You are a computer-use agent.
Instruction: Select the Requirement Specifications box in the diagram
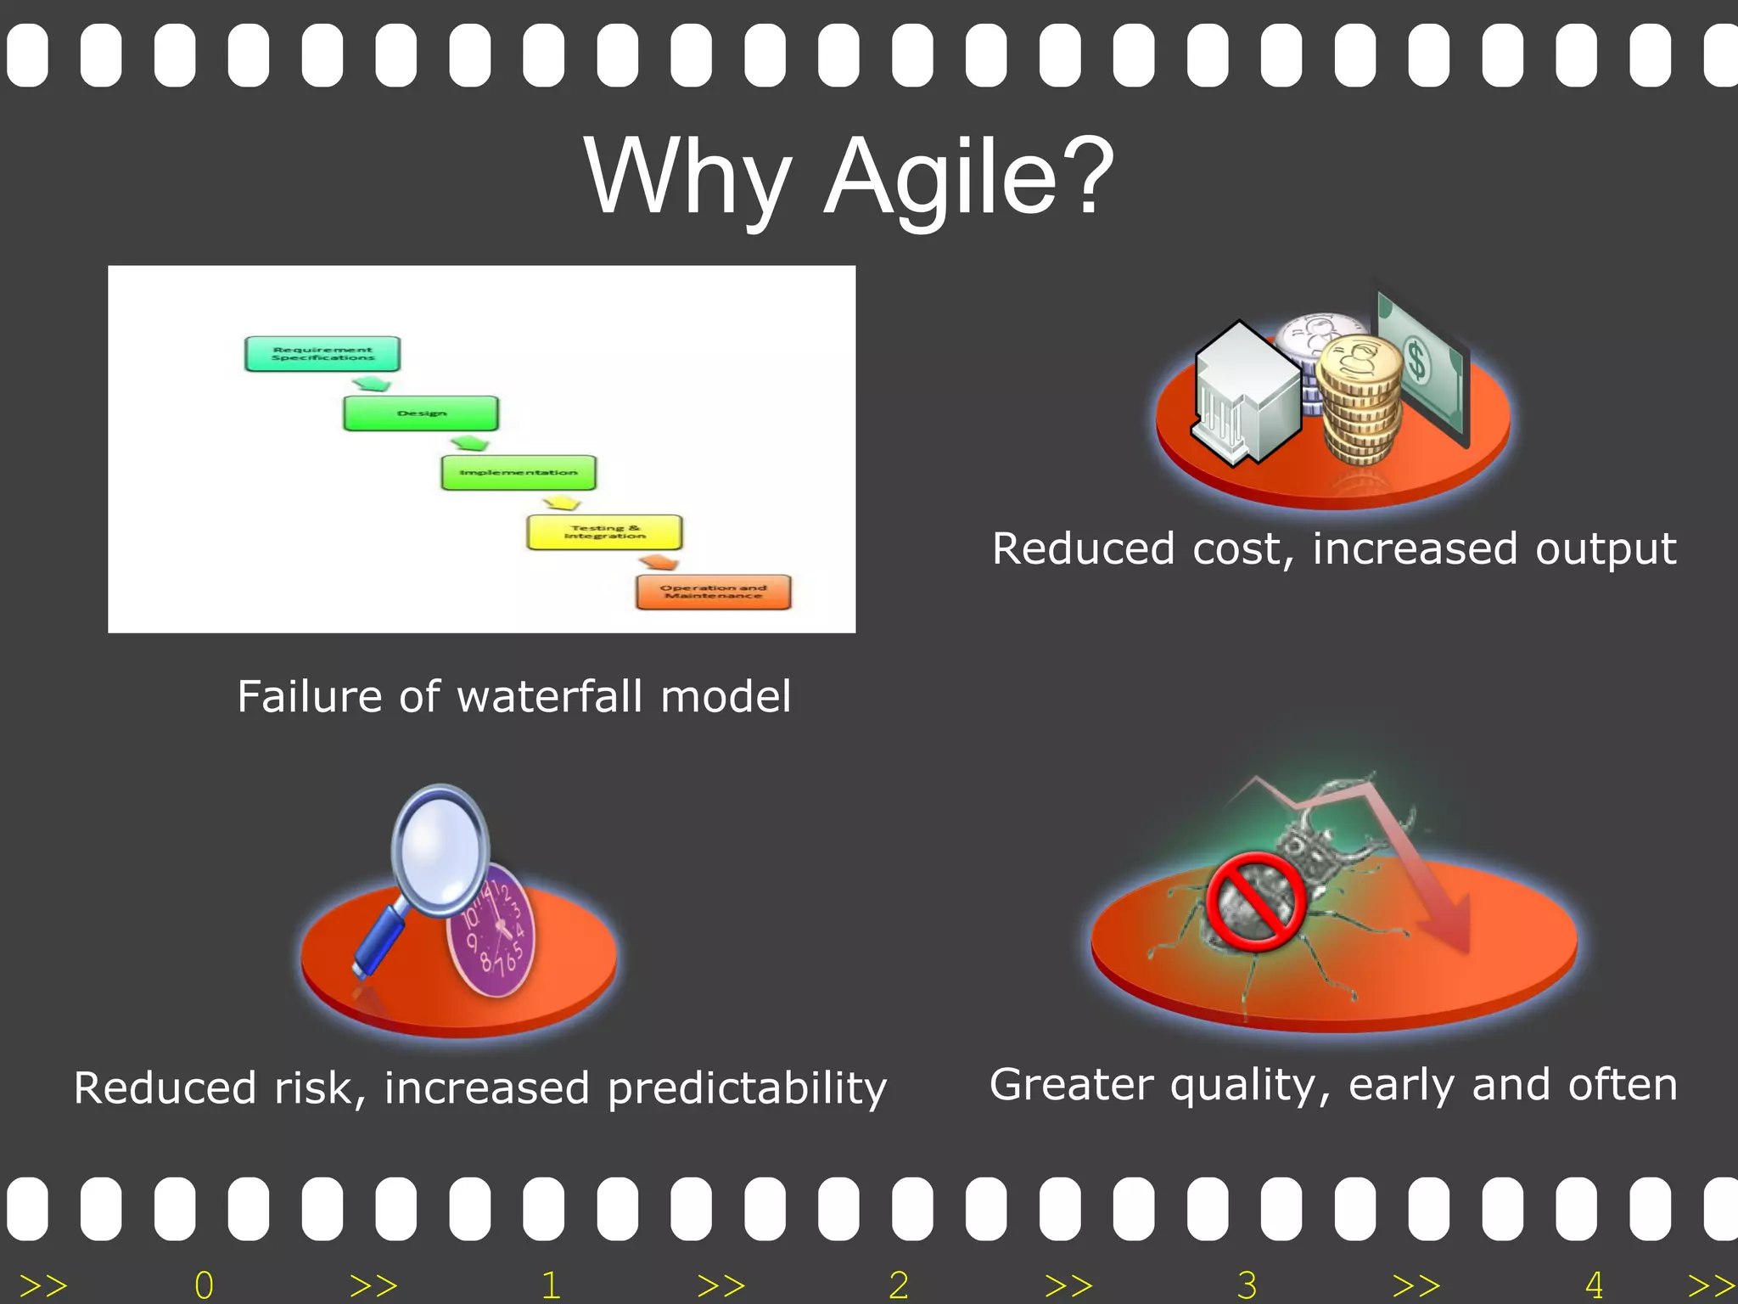point(322,354)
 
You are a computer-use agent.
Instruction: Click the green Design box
point(421,413)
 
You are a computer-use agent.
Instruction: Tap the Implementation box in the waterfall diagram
point(519,473)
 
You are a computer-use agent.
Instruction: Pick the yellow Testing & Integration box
point(604,532)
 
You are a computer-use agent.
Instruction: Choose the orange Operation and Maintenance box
point(713,592)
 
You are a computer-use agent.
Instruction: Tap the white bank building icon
point(1244,391)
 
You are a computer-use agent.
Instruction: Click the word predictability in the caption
point(747,1088)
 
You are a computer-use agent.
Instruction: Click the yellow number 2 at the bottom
point(899,1284)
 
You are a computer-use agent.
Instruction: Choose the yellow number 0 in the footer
point(204,1284)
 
